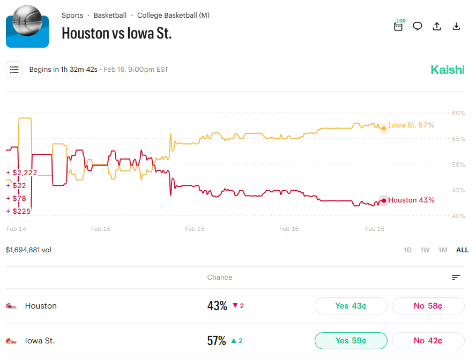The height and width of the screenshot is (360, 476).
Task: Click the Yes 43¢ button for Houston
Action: click(x=351, y=306)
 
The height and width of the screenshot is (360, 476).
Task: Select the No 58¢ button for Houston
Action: click(x=428, y=306)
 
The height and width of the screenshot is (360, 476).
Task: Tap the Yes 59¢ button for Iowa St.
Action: click(x=351, y=341)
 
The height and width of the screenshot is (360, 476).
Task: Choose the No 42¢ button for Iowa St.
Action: click(x=428, y=341)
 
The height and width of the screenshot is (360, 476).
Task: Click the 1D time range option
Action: click(x=407, y=250)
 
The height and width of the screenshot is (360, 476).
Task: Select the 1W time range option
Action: click(x=425, y=250)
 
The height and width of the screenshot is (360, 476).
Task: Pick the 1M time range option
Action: click(x=443, y=250)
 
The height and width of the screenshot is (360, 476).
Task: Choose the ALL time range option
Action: click(x=462, y=250)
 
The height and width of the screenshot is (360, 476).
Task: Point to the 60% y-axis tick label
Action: click(x=458, y=113)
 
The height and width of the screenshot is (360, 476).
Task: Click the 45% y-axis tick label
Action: click(x=458, y=190)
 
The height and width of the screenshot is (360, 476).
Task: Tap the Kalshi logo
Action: click(x=448, y=70)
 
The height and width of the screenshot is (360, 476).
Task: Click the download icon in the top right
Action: click(x=457, y=26)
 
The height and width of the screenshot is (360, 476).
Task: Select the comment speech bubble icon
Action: click(x=418, y=26)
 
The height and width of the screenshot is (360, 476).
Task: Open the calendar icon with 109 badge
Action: click(x=398, y=26)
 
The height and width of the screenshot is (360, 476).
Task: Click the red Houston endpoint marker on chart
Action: click(x=383, y=201)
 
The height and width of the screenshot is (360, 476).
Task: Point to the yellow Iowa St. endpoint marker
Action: click(x=383, y=128)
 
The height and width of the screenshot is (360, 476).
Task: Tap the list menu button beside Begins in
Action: click(x=14, y=70)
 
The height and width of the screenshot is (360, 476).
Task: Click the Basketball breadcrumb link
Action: click(x=110, y=16)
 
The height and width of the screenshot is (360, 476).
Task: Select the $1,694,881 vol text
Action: click(x=28, y=250)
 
